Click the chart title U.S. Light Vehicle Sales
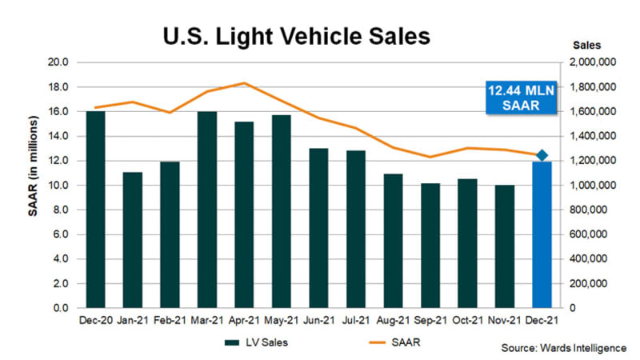click(x=295, y=36)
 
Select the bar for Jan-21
click(x=133, y=240)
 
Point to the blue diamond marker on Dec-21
click(x=542, y=155)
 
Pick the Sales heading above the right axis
click(x=588, y=45)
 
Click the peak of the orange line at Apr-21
click(x=244, y=83)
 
